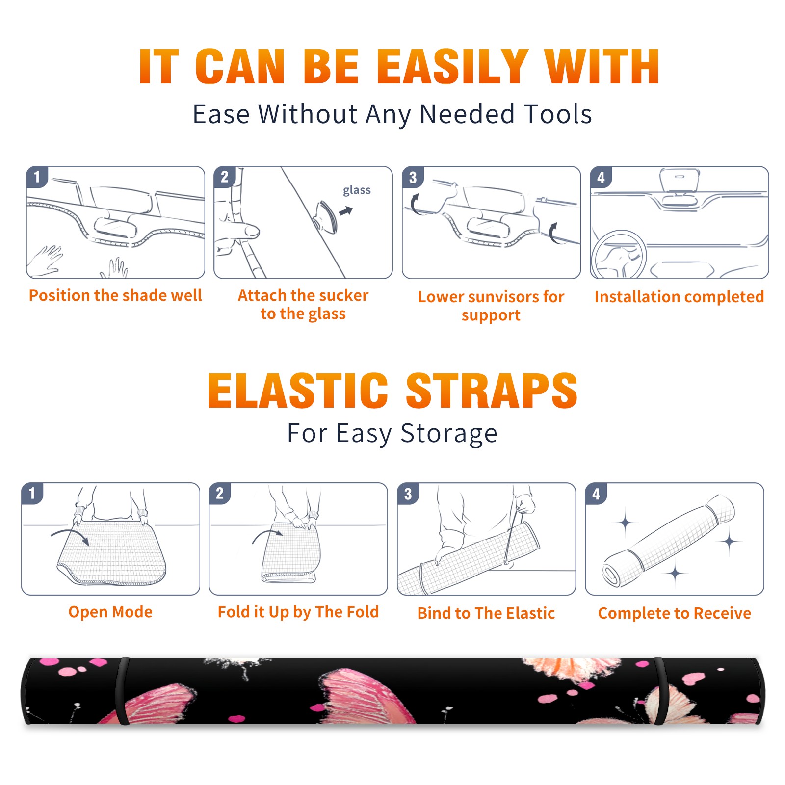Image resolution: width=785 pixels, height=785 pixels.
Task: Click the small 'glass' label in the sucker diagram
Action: coord(357,190)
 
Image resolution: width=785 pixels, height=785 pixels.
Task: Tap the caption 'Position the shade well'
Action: coord(115,295)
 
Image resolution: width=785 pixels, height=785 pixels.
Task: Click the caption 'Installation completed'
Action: coord(679,297)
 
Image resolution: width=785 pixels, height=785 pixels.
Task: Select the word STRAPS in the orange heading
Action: coord(492,391)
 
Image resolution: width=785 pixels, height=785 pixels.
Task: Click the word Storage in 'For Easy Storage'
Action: coord(449,434)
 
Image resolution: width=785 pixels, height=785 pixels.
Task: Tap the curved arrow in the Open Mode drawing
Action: coord(70,536)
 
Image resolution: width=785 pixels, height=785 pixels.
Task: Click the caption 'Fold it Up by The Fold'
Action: coord(298,612)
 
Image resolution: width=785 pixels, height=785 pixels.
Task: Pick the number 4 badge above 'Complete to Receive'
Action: coord(596,494)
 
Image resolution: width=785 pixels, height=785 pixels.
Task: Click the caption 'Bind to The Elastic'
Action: coord(486,613)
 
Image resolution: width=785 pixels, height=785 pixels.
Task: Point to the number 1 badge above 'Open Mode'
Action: coord(32,494)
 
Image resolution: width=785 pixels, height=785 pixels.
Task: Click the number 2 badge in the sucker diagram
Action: coord(225,177)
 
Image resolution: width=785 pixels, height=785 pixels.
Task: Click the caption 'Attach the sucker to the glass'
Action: coord(303,304)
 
